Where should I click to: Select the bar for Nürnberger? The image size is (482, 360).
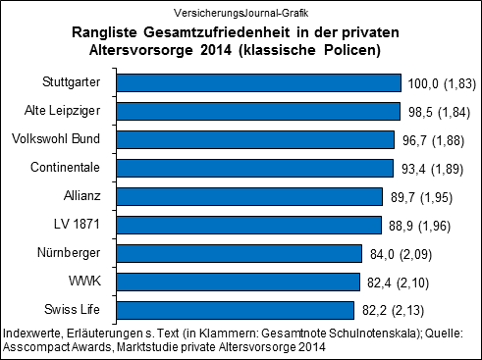coord(240,254)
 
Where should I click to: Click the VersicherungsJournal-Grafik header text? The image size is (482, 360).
coord(240,12)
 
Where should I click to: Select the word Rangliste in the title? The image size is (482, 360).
coord(109,32)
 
